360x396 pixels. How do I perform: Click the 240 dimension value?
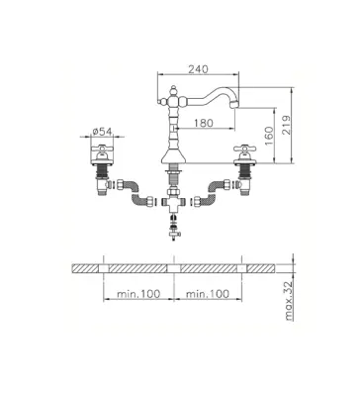(x=198, y=69)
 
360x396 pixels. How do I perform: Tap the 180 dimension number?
(x=203, y=123)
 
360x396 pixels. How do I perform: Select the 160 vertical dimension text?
(x=269, y=136)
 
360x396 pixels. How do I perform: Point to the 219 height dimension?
(x=287, y=125)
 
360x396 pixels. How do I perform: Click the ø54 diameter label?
(x=102, y=132)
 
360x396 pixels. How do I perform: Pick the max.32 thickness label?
(x=289, y=301)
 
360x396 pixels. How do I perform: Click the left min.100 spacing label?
(x=138, y=293)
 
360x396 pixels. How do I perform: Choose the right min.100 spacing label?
(x=208, y=293)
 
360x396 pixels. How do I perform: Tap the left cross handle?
(x=102, y=149)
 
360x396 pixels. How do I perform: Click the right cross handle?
(x=244, y=149)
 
